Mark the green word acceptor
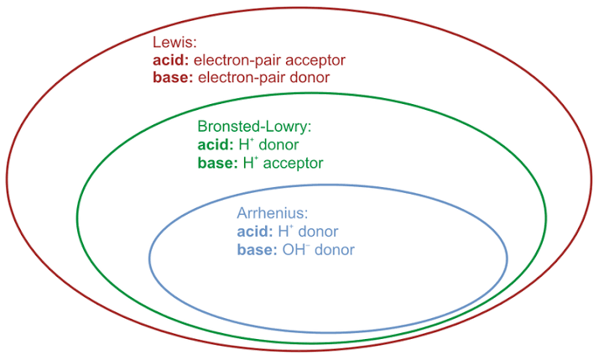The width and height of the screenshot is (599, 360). point(293,163)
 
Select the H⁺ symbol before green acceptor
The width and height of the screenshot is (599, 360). point(250,163)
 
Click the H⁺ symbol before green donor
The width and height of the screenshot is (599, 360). point(248,144)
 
